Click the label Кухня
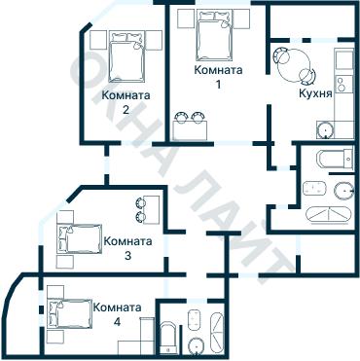point(315,93)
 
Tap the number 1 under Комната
point(218,85)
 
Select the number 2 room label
point(126,110)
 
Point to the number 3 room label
point(127,256)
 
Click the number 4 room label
point(117,322)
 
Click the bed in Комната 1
point(214,35)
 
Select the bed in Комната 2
point(126,56)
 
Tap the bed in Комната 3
point(80,238)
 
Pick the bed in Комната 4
point(71,313)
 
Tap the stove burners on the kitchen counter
point(341,84)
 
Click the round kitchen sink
point(325,130)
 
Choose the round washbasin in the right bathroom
point(343,191)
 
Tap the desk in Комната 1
point(190,130)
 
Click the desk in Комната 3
point(152,210)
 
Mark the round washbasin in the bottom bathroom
point(196,346)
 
